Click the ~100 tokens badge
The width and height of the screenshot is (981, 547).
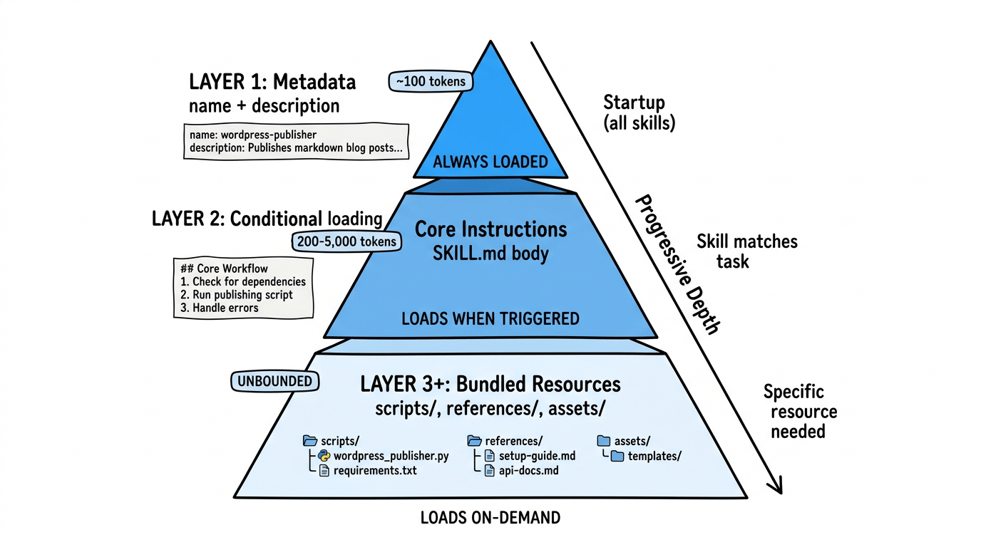click(431, 81)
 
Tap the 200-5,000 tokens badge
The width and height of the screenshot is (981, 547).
click(346, 241)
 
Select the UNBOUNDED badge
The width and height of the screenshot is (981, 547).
click(274, 381)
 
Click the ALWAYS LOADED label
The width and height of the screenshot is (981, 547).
click(490, 162)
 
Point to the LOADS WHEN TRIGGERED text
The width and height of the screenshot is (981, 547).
click(490, 318)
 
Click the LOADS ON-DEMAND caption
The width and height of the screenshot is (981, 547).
click(490, 517)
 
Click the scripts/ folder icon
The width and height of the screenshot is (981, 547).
click(310, 441)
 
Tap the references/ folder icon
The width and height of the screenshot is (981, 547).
click(474, 441)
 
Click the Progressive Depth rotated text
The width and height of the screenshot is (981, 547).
click(677, 264)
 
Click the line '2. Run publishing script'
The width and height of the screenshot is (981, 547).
click(237, 295)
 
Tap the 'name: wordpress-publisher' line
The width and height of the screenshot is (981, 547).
click(253, 134)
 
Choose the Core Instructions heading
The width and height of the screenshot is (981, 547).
click(490, 229)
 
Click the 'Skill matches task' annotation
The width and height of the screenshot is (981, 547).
click(746, 251)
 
